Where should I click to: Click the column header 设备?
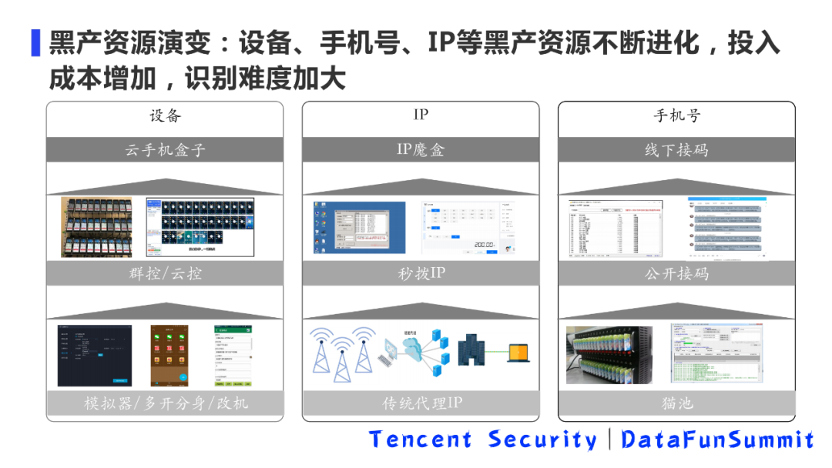[x=165, y=116]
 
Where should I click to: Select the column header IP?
[x=421, y=115]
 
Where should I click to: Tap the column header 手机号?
[x=676, y=116]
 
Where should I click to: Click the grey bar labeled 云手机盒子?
[x=165, y=150]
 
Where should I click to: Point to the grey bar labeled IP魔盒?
[x=421, y=150]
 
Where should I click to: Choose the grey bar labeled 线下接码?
[x=676, y=150]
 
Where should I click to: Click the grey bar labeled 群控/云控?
[x=165, y=273]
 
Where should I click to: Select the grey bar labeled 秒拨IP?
[x=421, y=273]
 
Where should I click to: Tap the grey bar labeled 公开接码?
[x=676, y=273]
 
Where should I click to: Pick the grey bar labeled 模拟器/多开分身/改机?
[x=165, y=403]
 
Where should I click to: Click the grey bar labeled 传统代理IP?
[x=421, y=403]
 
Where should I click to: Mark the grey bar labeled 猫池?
[x=676, y=403]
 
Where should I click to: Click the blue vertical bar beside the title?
[x=35, y=42]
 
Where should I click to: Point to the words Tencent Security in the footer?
[x=482, y=440]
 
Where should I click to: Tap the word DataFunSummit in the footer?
[x=717, y=440]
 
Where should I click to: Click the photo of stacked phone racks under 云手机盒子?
[x=96, y=227]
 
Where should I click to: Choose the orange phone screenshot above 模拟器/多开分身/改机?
[x=169, y=355]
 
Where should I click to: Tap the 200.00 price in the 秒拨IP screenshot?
[x=483, y=244]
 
